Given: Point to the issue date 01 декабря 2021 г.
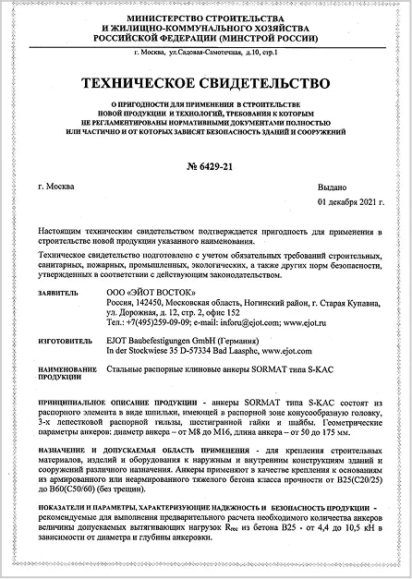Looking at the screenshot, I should [347, 199].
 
